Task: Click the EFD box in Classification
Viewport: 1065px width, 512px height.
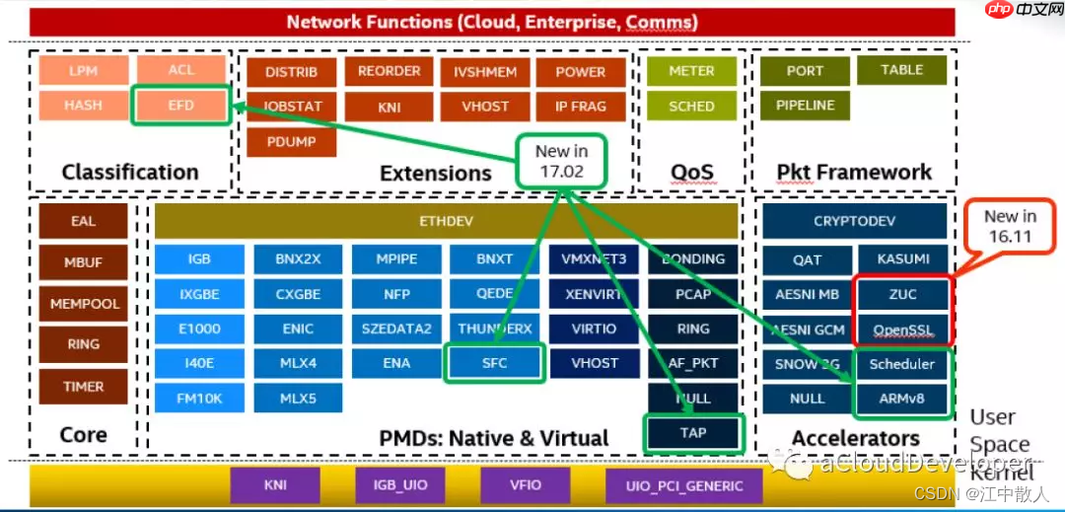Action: tap(180, 106)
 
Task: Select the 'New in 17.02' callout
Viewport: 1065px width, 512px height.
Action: tap(559, 161)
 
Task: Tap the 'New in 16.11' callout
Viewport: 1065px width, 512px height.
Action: tap(1010, 227)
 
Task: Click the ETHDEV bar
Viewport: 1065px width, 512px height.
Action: tap(446, 221)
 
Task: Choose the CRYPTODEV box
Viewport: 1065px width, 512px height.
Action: tap(855, 222)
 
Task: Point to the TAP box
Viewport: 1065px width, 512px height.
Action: tap(692, 433)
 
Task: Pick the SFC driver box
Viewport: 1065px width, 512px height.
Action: tap(495, 363)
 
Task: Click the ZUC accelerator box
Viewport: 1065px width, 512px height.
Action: tap(901, 294)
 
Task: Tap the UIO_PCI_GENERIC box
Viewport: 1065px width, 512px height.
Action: tap(684, 485)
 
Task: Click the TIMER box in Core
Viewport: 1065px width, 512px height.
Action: tap(84, 387)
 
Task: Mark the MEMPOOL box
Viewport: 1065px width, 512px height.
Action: tap(84, 304)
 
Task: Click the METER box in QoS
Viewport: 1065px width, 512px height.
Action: tap(691, 71)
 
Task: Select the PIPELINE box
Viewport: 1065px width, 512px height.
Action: tap(805, 106)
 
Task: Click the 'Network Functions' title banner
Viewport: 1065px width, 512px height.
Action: tap(492, 22)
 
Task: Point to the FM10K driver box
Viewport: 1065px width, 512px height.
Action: tap(199, 399)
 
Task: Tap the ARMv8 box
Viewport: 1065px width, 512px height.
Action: tap(901, 399)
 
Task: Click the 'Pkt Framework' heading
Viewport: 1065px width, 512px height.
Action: tap(854, 173)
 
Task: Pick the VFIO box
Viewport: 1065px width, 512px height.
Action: tap(527, 485)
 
